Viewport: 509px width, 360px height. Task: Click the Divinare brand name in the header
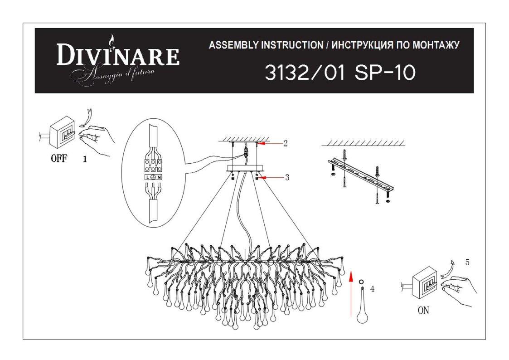tap(118, 56)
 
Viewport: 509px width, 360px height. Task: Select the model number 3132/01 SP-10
tap(340, 73)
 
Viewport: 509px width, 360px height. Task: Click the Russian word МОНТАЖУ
tap(435, 45)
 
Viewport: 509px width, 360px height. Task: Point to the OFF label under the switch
tap(59, 159)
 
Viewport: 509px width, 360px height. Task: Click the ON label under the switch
tap(423, 311)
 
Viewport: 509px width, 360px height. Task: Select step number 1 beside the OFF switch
tap(85, 160)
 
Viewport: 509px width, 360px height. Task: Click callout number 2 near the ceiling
tap(286, 143)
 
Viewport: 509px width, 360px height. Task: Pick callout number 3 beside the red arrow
tap(287, 178)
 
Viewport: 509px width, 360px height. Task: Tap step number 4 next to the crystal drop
tap(372, 288)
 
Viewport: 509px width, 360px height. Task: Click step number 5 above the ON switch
tap(467, 262)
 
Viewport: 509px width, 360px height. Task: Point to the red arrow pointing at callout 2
tap(271, 143)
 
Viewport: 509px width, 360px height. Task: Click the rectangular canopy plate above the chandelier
tap(246, 168)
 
